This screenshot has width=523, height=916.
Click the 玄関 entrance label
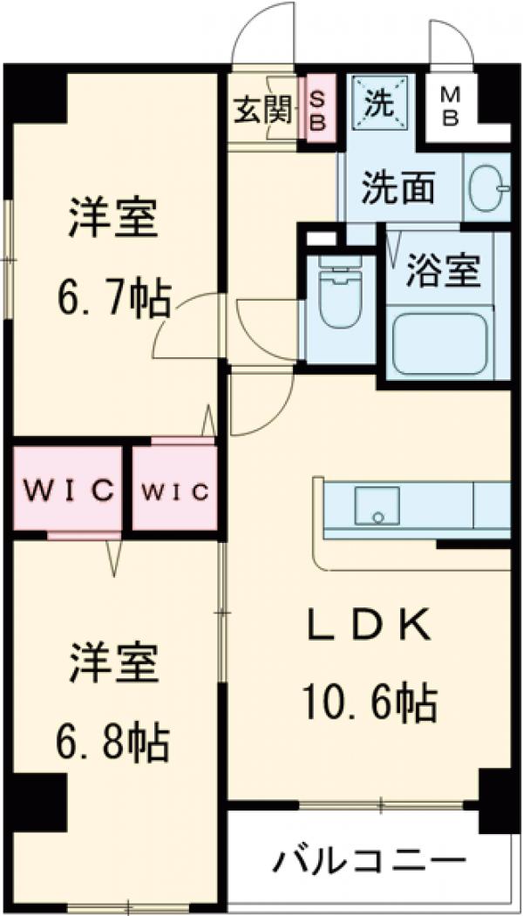pyautogui.click(x=261, y=111)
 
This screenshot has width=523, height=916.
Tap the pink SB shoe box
pyautogui.click(x=316, y=112)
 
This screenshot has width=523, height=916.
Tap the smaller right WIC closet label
pyautogui.click(x=174, y=492)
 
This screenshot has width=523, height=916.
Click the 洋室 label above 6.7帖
pyautogui.click(x=113, y=221)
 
